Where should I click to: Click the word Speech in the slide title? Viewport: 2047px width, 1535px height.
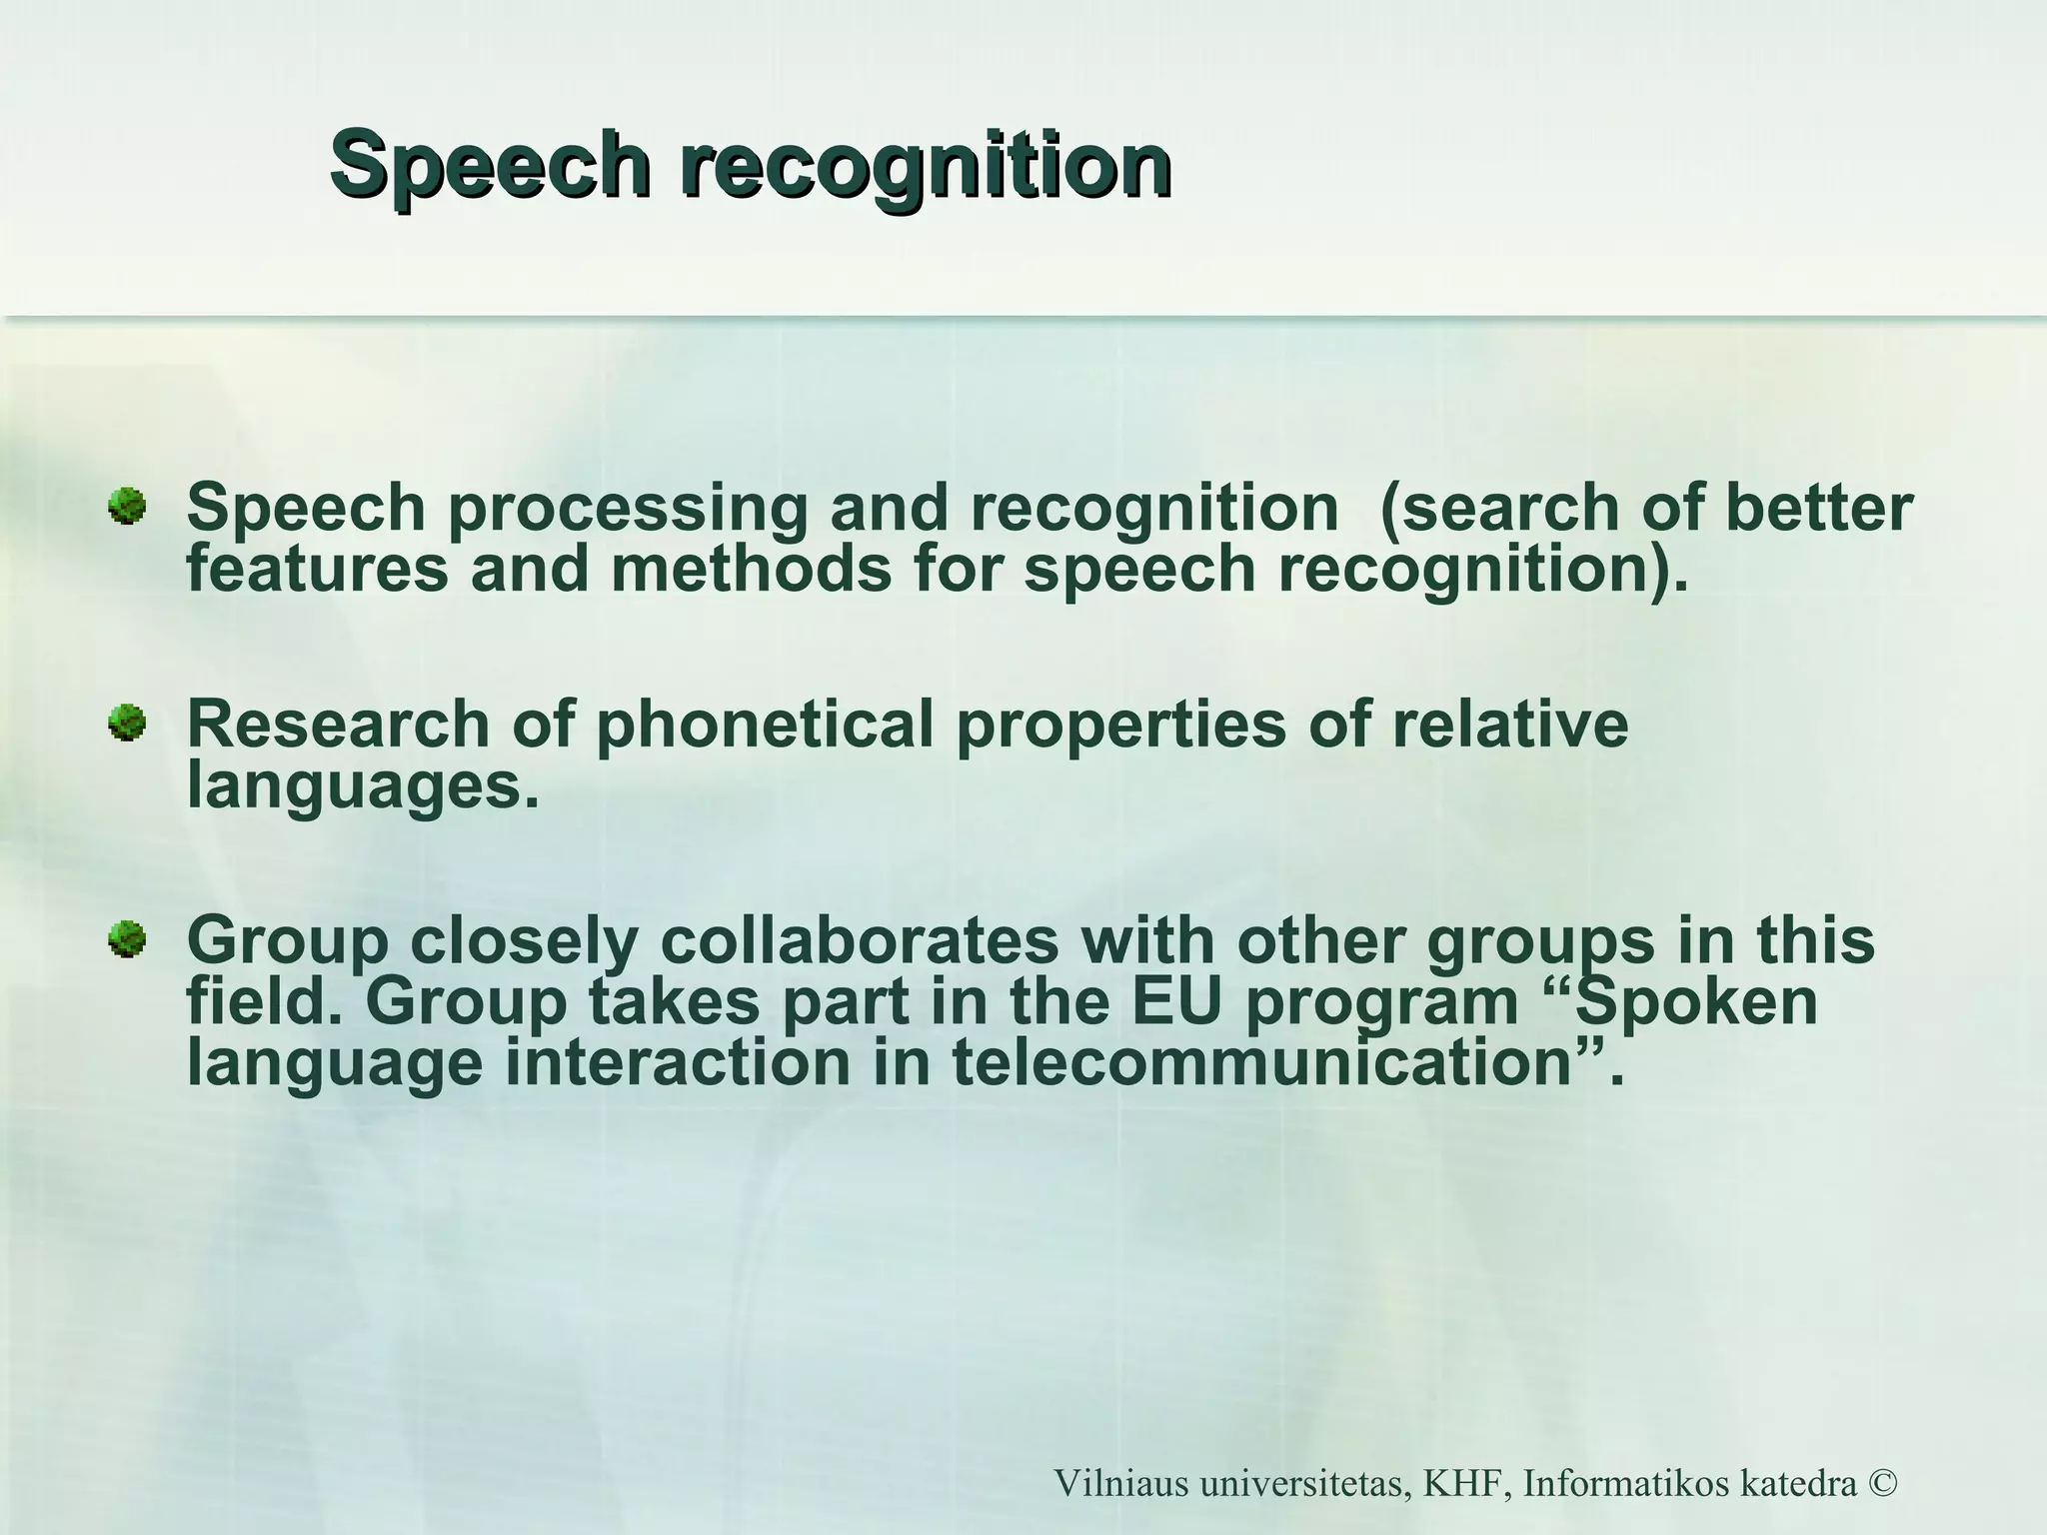(x=490, y=165)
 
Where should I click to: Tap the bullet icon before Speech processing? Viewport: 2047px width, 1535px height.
(x=127, y=505)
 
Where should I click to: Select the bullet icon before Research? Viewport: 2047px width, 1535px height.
(x=127, y=722)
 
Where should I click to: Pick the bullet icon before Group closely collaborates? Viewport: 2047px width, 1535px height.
(x=127, y=938)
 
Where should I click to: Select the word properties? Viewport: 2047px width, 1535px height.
(x=1120, y=725)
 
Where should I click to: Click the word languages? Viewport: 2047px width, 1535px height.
(x=355, y=787)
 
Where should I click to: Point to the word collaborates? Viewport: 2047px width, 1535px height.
(x=860, y=941)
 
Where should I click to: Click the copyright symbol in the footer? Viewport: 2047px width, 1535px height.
(x=1880, y=1484)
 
